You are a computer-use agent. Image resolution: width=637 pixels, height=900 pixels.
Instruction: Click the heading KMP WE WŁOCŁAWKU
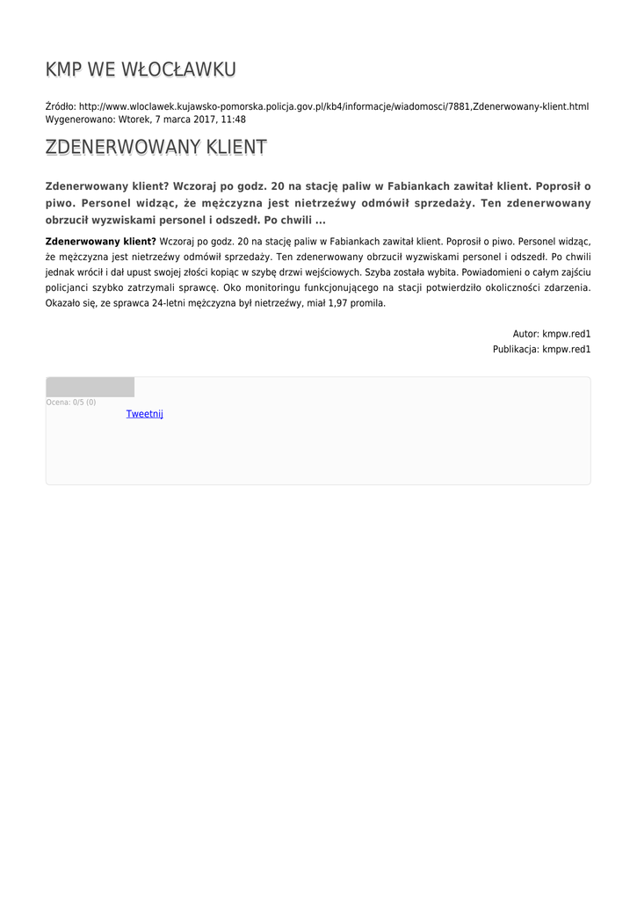[x=141, y=69]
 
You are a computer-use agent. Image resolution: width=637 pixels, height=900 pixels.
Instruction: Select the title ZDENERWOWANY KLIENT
[x=156, y=148]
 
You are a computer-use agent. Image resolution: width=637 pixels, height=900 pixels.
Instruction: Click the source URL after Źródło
[x=334, y=106]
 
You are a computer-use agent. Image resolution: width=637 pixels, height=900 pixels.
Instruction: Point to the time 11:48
[x=234, y=120]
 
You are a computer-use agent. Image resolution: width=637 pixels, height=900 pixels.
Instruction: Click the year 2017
[x=204, y=120]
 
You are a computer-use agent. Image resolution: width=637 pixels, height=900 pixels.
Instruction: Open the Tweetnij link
[x=145, y=414]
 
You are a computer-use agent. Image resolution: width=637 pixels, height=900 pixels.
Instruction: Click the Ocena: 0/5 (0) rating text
[x=71, y=403]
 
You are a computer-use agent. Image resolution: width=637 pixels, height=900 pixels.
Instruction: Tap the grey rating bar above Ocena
[x=90, y=387]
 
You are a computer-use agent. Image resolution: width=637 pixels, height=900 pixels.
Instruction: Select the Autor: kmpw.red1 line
[x=552, y=334]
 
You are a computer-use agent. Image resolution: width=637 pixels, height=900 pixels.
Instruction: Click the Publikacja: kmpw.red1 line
[x=541, y=349]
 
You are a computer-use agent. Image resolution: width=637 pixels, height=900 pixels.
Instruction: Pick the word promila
[x=369, y=303]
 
